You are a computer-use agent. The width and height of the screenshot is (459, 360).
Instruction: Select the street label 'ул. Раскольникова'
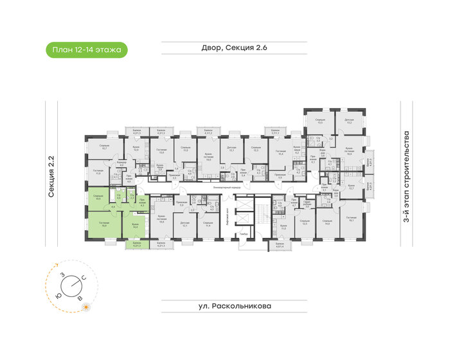[229, 306]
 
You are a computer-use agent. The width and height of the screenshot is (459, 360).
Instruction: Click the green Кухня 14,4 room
[135, 226]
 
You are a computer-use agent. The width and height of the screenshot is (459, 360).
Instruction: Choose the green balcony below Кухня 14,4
[136, 244]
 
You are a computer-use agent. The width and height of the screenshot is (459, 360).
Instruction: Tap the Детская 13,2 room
[348, 122]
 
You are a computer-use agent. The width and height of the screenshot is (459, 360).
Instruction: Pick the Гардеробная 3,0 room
[308, 204]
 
